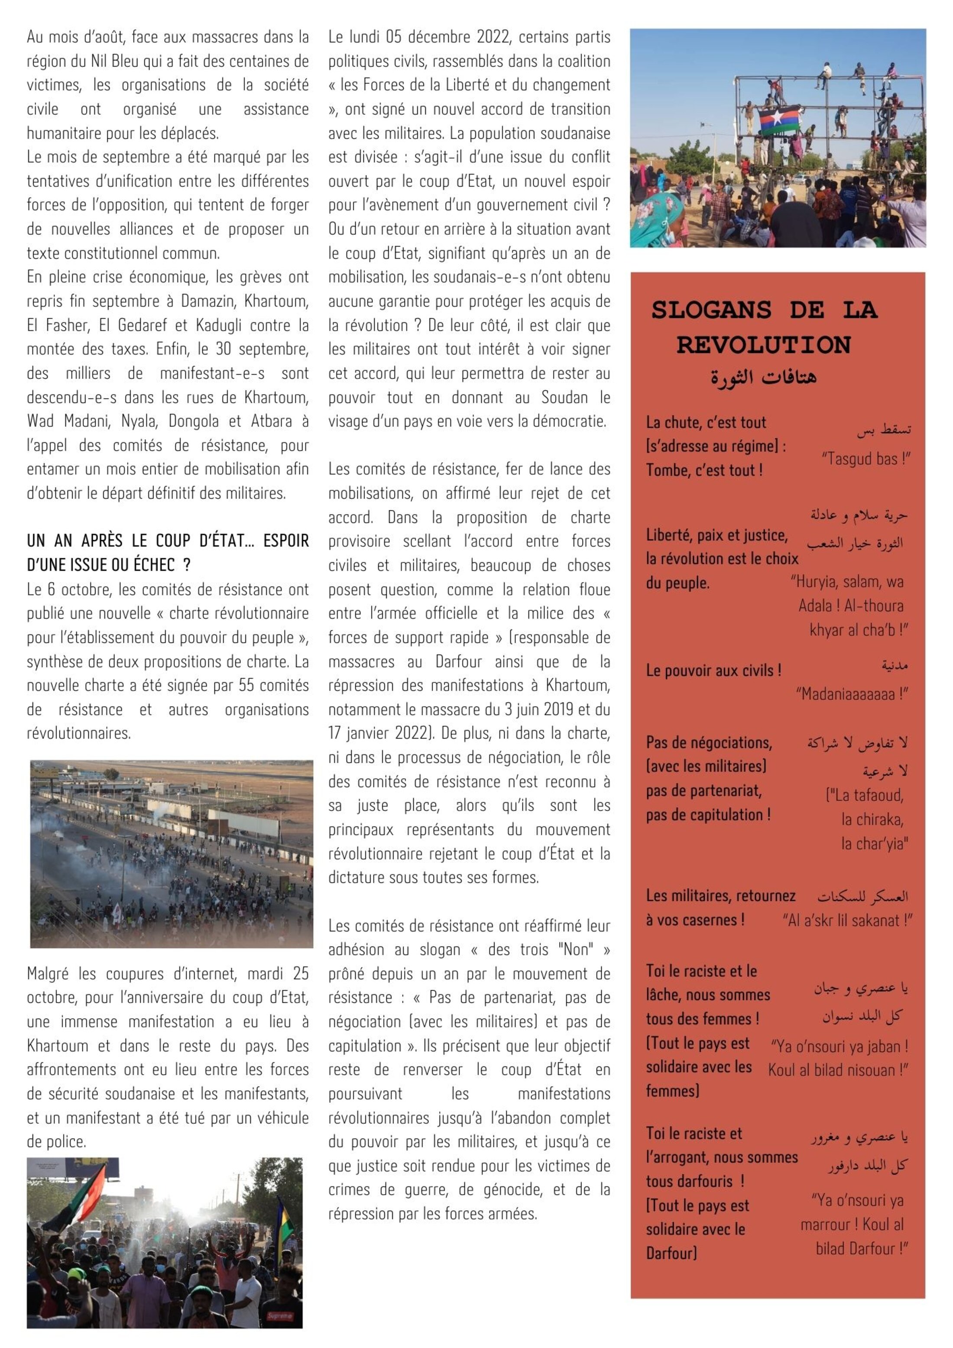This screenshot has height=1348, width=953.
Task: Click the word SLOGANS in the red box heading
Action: point(711,310)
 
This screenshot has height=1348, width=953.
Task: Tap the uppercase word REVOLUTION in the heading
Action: point(763,345)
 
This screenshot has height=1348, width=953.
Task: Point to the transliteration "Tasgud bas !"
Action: point(865,459)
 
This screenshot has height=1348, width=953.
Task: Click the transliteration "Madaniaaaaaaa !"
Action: point(851,694)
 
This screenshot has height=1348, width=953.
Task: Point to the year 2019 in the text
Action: point(555,709)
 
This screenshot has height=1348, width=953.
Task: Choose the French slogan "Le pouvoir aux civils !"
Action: point(713,671)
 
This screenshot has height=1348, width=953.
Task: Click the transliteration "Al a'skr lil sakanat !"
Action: point(847,920)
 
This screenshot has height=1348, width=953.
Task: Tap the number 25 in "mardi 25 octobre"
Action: point(301,973)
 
